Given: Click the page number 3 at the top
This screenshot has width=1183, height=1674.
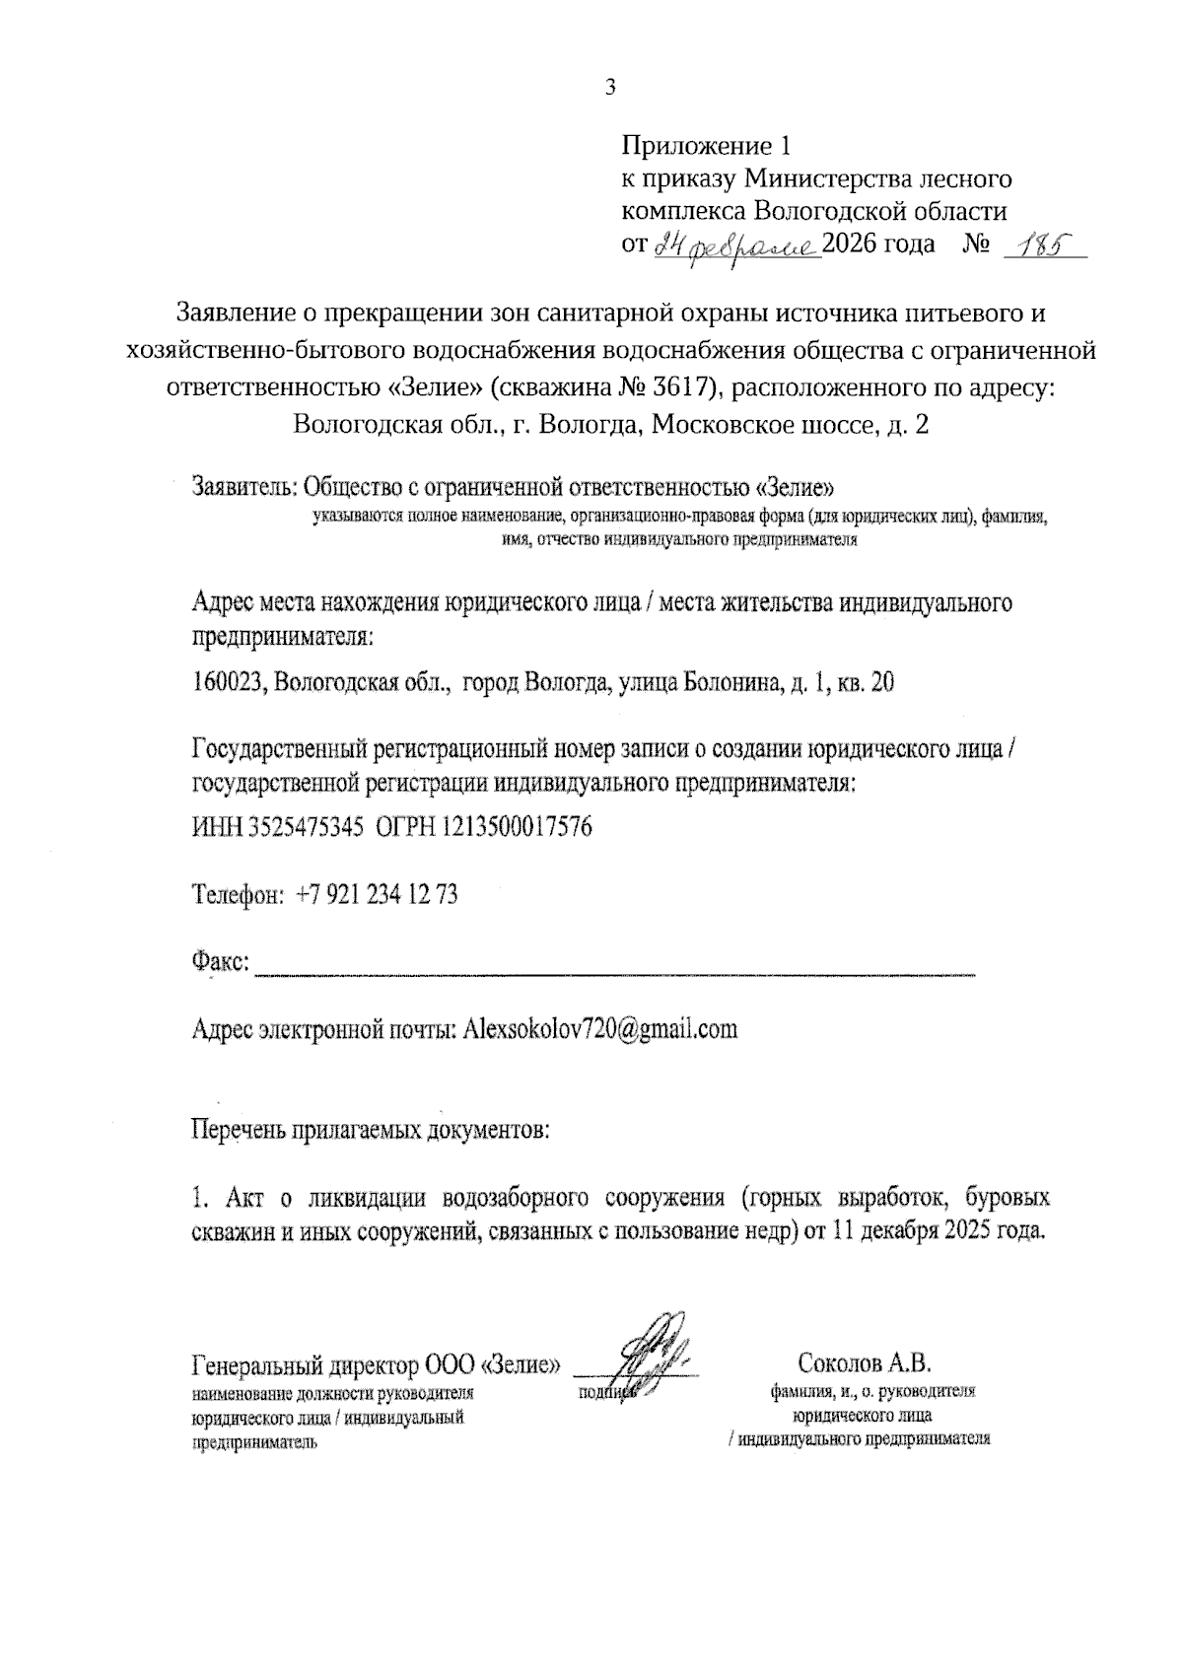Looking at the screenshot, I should [609, 89].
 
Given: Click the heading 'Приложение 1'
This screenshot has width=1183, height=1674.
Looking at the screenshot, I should [706, 147].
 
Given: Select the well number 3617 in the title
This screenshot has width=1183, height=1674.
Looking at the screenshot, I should [682, 387].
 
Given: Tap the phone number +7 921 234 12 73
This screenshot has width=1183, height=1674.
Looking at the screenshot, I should [377, 895].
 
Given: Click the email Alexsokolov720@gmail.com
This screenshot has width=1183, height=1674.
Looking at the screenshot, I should [599, 1029].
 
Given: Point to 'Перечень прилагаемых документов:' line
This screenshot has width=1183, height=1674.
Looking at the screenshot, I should [370, 1129].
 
